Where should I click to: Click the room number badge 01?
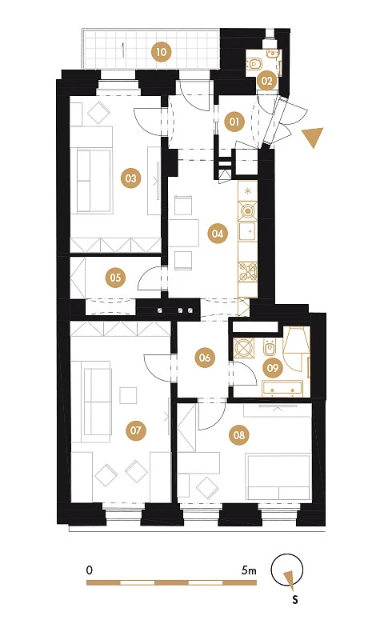234,122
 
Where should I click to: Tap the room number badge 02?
266,81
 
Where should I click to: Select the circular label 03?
131,178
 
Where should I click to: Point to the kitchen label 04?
218,234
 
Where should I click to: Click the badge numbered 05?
115,277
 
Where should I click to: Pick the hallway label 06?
205,358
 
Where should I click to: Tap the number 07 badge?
136,430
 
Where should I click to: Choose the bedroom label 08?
239,435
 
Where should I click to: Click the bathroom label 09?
273,367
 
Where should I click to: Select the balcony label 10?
162,52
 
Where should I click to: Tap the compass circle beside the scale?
287,570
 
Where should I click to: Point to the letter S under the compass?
295,599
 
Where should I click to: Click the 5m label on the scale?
249,570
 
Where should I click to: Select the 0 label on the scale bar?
89,570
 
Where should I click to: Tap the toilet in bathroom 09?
270,347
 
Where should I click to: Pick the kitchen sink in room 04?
247,232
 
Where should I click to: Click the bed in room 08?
278,477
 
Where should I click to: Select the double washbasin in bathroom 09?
282,389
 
